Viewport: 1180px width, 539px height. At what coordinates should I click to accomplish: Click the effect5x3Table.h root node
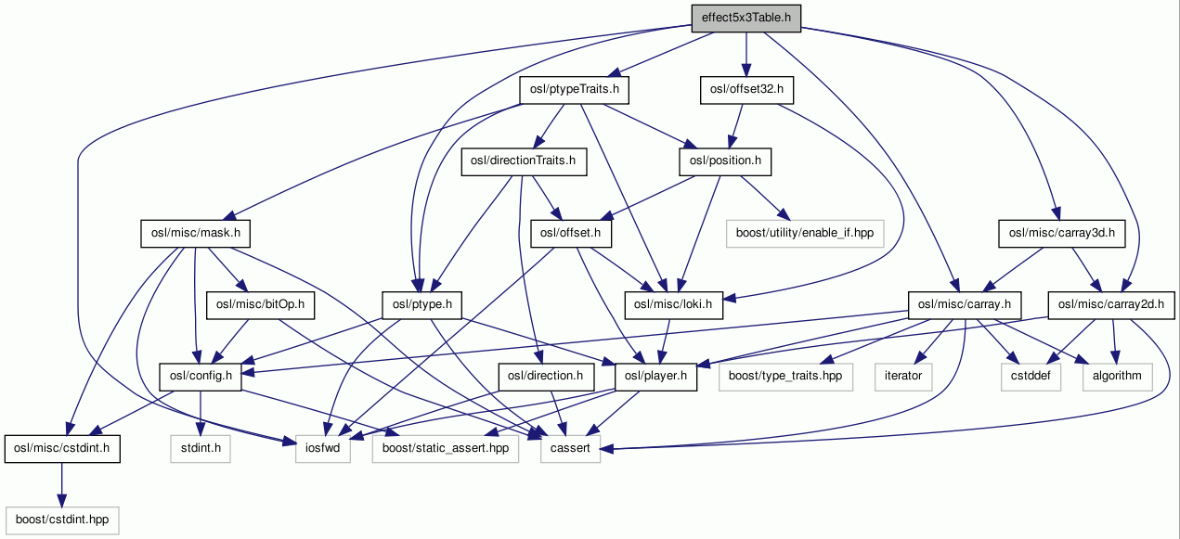(746, 17)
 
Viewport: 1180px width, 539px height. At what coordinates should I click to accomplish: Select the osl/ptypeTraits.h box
(574, 89)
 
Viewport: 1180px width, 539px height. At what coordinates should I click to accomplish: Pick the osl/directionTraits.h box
(523, 161)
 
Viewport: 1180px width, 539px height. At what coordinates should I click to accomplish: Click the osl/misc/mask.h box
(194, 232)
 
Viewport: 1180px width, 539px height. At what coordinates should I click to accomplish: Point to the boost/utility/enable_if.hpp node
(803, 232)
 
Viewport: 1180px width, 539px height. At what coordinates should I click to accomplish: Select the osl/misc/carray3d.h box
(1061, 232)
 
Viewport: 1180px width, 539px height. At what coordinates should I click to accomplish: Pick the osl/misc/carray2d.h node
(1111, 304)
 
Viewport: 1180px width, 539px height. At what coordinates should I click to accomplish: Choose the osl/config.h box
(201, 376)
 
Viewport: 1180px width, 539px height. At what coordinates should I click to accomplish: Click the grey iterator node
(902, 376)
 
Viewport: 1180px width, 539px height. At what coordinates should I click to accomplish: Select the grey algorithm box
(1117, 376)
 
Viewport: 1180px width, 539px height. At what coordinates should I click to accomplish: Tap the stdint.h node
(200, 448)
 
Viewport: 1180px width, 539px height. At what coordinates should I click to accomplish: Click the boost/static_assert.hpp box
(445, 448)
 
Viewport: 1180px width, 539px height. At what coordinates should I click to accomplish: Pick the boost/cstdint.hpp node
(61, 520)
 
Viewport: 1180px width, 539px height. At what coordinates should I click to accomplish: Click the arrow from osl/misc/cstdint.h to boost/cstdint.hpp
(61, 482)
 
